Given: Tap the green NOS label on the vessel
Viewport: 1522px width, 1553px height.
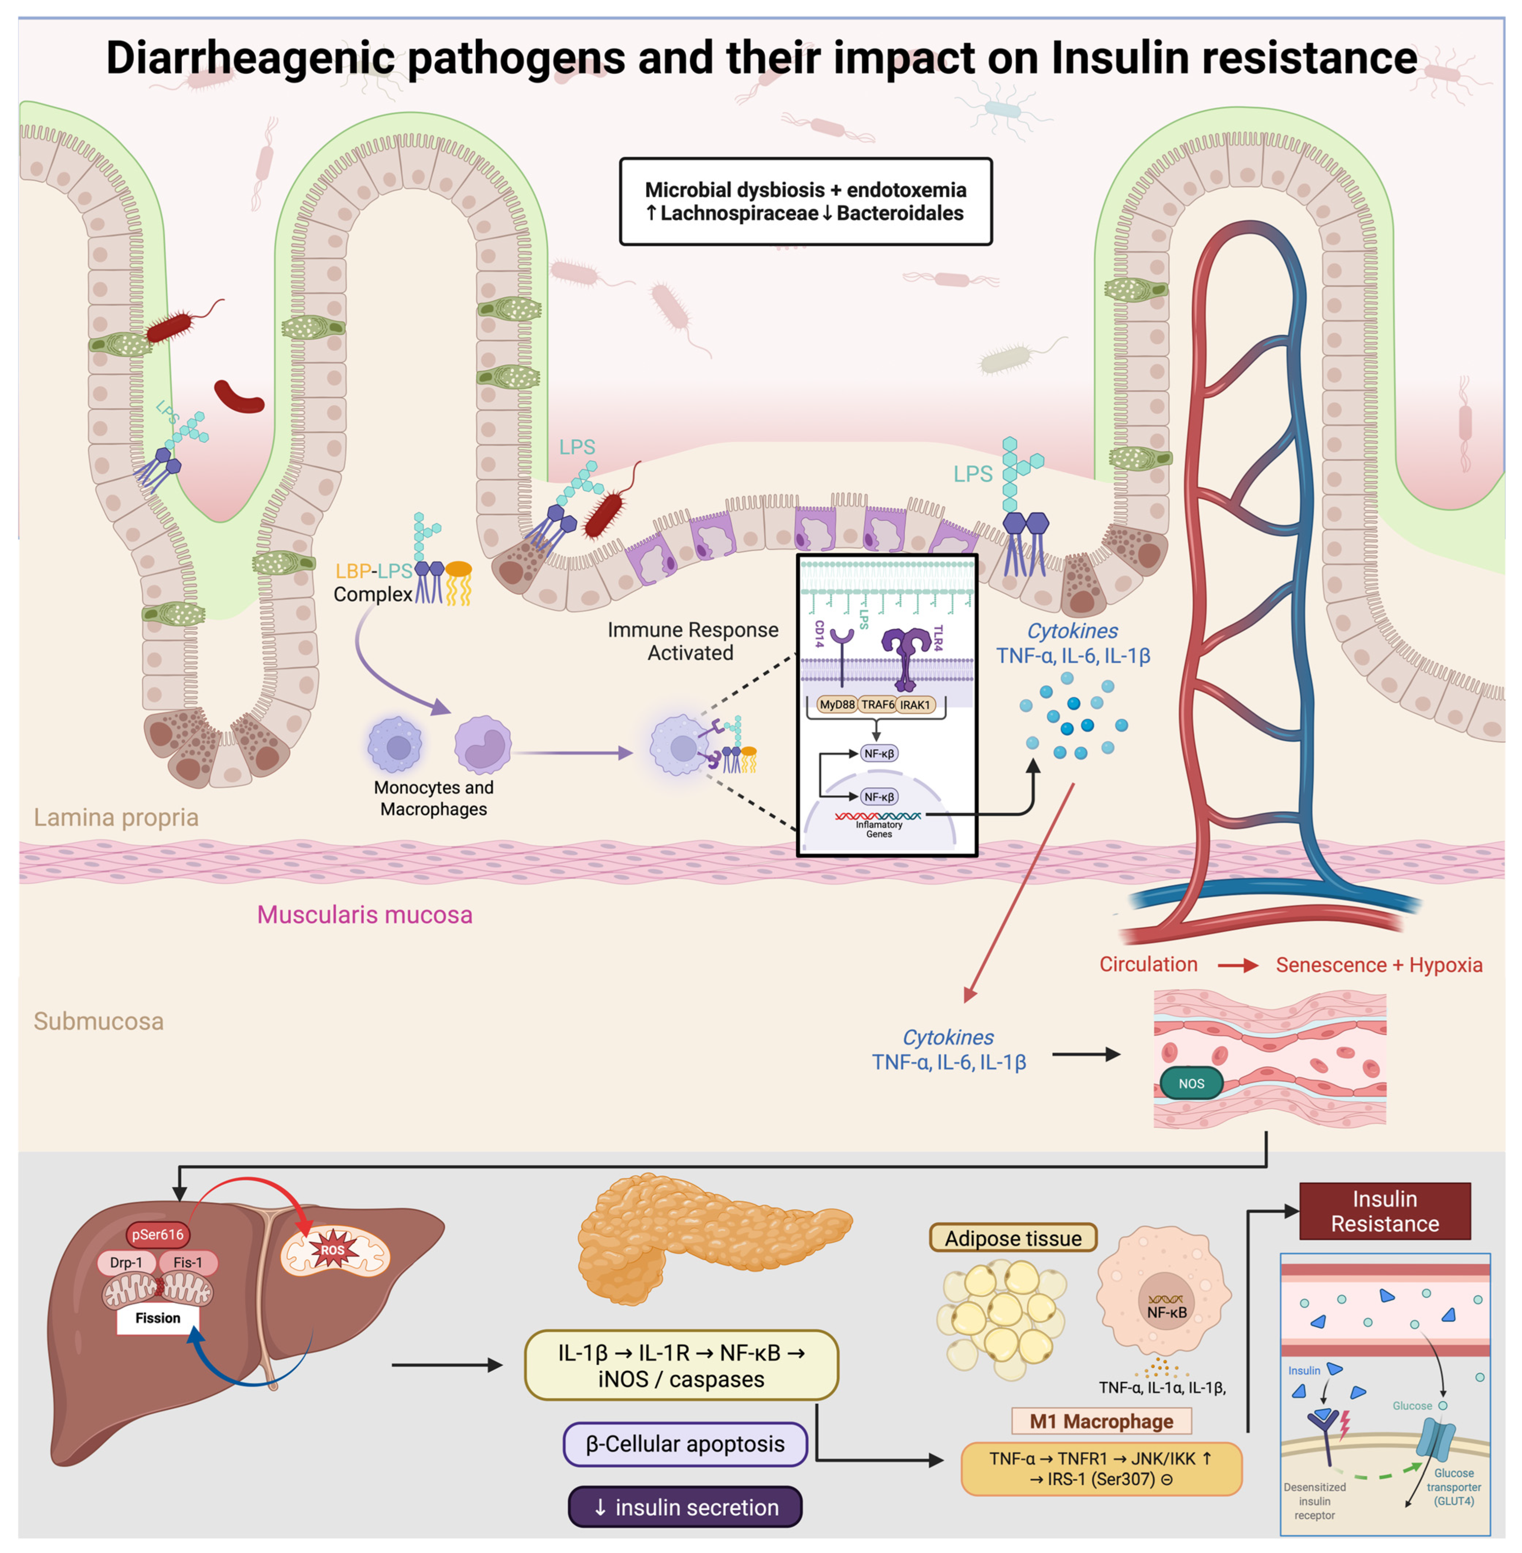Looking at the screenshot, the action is point(1191,1084).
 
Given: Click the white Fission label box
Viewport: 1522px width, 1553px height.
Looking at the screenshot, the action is point(157,1318).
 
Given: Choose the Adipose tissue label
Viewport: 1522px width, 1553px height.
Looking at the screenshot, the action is point(1013,1238).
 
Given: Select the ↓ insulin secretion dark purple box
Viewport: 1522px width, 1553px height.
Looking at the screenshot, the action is point(685,1506).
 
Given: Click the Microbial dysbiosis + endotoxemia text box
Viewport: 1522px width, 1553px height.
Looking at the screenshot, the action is point(806,202).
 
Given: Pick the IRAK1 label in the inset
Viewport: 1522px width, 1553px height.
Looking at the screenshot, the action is point(915,704).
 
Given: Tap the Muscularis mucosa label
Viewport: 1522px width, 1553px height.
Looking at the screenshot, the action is point(364,914).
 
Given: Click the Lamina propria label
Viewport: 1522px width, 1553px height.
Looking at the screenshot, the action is point(116,817).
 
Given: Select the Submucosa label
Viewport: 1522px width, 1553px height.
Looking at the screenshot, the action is point(98,1021).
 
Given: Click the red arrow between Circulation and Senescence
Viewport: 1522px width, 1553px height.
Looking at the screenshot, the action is point(1237,966).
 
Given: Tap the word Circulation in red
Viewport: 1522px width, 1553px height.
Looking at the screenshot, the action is point(1148,965).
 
